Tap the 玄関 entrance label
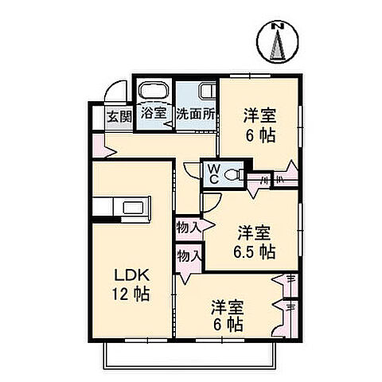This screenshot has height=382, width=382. pyautogui.click(x=119, y=116)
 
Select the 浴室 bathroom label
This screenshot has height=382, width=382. pyautogui.click(x=154, y=113)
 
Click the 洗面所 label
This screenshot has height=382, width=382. pyautogui.click(x=196, y=114)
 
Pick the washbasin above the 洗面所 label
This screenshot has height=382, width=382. pyautogui.click(x=205, y=90)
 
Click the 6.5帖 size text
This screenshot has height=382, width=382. pyautogui.click(x=255, y=253)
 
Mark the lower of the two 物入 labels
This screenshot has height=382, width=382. pyautogui.click(x=189, y=257)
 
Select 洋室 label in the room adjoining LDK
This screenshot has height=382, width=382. pyautogui.click(x=227, y=306)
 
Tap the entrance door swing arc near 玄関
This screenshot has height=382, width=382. pyautogui.click(x=117, y=92)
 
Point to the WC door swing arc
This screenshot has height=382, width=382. pyautogui.click(x=193, y=170)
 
